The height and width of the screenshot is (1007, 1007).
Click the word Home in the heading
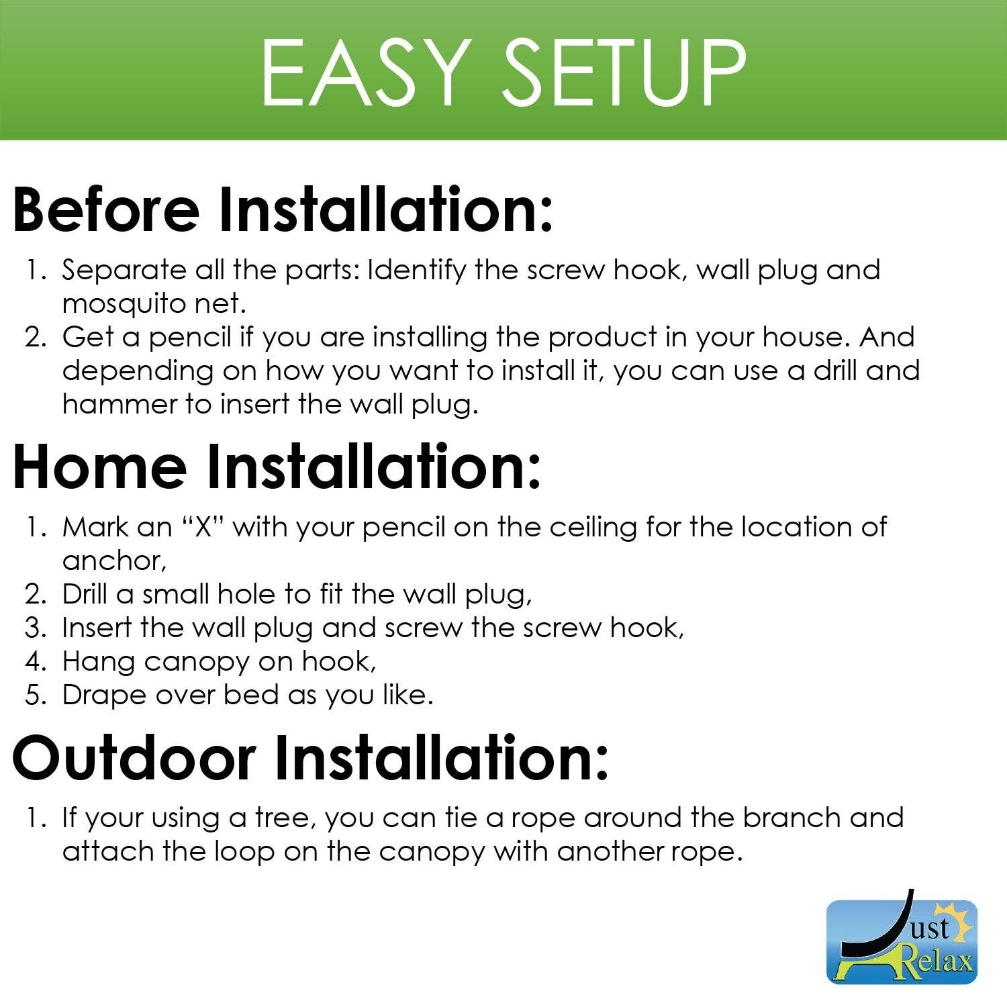[x=99, y=467]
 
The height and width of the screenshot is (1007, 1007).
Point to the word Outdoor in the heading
[x=134, y=757]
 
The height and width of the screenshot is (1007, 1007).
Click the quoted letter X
[x=203, y=528]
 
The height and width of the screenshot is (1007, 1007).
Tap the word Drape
[x=104, y=696]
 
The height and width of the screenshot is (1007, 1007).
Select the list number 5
[x=34, y=695]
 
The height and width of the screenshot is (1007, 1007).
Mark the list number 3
[x=34, y=628]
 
